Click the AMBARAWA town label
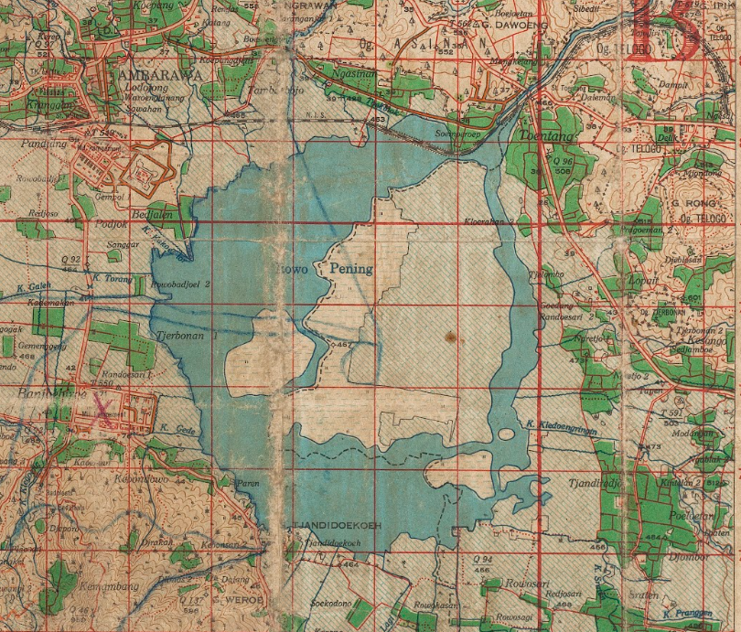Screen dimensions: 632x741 click(151, 77)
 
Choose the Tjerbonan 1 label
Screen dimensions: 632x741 click(188, 336)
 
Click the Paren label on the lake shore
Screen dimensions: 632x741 click(248, 483)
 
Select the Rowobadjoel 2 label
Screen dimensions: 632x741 click(183, 284)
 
